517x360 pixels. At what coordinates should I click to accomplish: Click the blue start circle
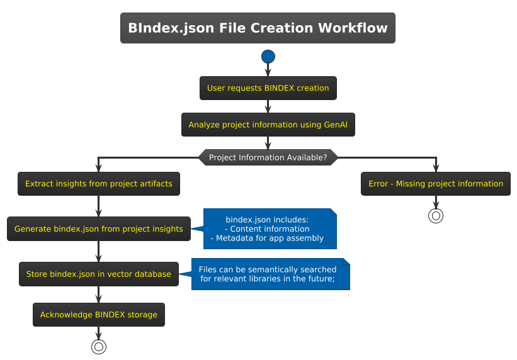click(268, 57)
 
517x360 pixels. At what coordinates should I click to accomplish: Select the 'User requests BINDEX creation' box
click(268, 88)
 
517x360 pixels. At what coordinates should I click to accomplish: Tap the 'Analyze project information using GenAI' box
click(268, 125)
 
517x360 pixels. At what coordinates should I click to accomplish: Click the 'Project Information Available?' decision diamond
click(268, 157)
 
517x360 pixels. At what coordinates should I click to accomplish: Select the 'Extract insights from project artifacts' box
click(99, 184)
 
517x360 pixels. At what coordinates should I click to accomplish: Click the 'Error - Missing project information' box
click(436, 184)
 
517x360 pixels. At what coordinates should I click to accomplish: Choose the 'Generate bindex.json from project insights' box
click(99, 229)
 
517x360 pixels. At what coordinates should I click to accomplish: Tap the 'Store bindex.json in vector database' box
click(99, 274)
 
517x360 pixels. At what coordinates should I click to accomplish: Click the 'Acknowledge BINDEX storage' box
click(99, 315)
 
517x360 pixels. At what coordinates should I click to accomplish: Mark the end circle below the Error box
click(436, 216)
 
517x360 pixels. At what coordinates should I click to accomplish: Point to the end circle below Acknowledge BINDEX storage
click(99, 346)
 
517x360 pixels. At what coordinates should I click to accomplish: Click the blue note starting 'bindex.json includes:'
click(270, 229)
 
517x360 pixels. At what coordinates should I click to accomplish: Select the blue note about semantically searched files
click(270, 274)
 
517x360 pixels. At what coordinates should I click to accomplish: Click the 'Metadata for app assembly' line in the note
click(267, 239)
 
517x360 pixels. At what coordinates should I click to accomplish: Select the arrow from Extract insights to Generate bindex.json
click(99, 206)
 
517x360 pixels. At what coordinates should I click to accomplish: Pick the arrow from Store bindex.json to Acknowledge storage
click(99, 295)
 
